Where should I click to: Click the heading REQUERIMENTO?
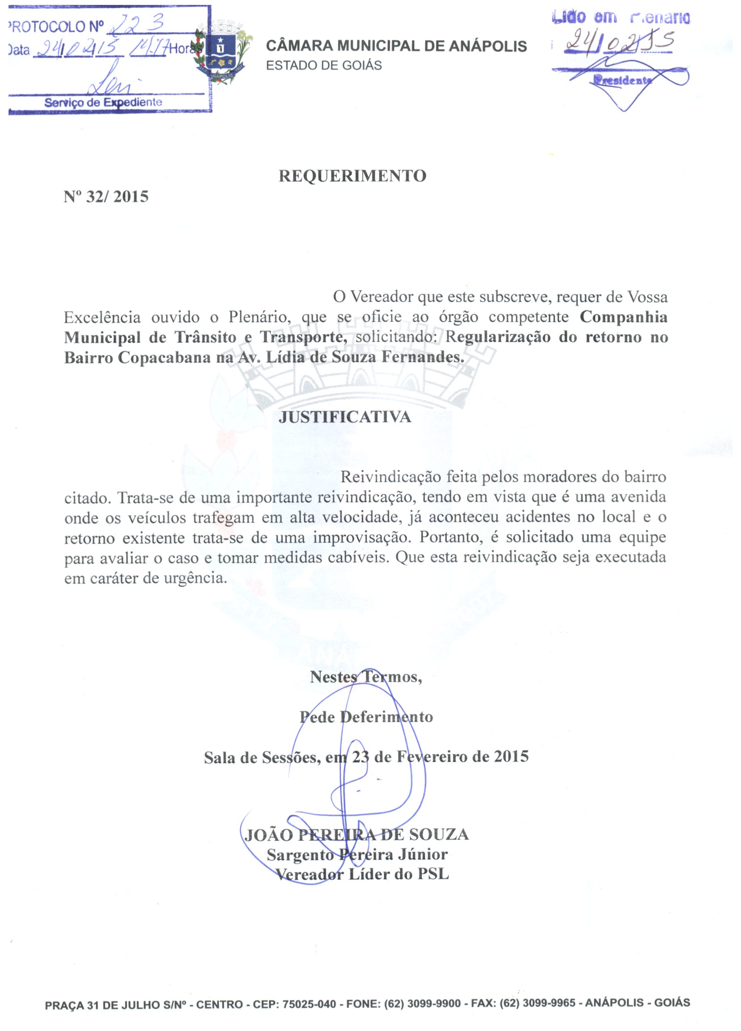point(352,176)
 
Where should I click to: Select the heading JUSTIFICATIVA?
point(344,417)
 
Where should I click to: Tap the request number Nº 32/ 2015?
point(106,197)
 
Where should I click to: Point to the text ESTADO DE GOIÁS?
point(323,65)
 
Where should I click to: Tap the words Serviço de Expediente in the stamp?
point(103,102)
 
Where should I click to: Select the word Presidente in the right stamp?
point(621,81)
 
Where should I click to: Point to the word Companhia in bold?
point(624,317)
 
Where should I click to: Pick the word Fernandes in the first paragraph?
point(423,358)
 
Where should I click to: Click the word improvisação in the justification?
point(362,537)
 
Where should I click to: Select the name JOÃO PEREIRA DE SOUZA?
point(356,835)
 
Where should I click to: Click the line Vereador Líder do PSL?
point(363,874)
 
